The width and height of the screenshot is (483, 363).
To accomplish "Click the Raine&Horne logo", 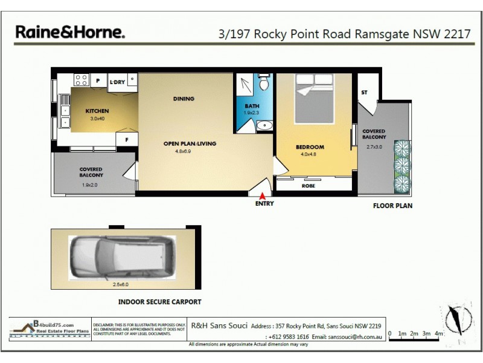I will point(69,31).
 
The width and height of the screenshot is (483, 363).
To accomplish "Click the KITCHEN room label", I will point(97,111).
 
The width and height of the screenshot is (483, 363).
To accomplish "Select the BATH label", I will point(251,106).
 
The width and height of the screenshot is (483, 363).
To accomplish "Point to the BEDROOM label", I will point(310,147).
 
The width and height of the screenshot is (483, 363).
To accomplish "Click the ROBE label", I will point(308,186).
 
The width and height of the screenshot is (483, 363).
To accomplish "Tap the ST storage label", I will point(364,93).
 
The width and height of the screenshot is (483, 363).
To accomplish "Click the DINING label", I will point(184,99).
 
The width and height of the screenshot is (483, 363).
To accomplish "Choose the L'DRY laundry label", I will point(117,82).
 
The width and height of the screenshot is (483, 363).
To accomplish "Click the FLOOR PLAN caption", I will point(392,206).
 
